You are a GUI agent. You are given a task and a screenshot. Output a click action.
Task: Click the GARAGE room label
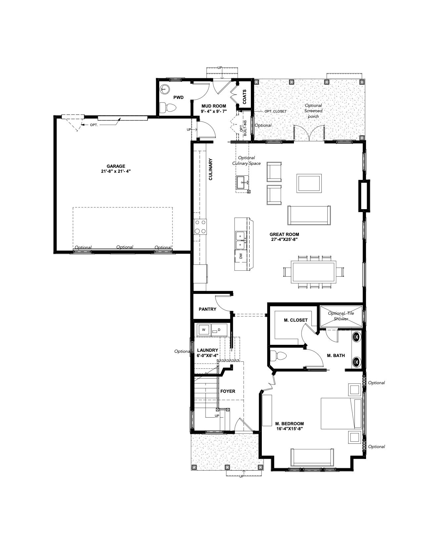pyautogui.click(x=116, y=166)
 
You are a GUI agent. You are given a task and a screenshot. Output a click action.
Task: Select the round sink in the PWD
pyautogui.click(x=164, y=89)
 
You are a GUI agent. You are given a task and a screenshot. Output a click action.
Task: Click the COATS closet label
pyautogui.click(x=245, y=97)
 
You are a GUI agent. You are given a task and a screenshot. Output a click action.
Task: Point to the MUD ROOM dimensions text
pyautogui.click(x=213, y=111)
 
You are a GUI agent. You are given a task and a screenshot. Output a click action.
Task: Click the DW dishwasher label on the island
pyautogui.click(x=241, y=256)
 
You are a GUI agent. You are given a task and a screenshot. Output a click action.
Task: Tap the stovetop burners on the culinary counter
pyautogui.click(x=200, y=227)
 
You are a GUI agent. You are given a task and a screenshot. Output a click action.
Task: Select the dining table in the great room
pyautogui.click(x=313, y=272)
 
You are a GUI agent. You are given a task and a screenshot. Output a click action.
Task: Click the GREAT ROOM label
pyautogui.click(x=284, y=234)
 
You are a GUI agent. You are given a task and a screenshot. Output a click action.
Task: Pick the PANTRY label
pyautogui.click(x=207, y=309)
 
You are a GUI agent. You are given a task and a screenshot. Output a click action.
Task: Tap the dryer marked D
pyautogui.click(x=219, y=329)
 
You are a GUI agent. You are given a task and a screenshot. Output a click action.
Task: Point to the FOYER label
pyautogui.click(x=228, y=391)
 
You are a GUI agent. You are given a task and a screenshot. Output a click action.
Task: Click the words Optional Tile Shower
pyautogui.click(x=341, y=316)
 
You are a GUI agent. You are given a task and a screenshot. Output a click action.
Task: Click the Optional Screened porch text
pyautogui.click(x=313, y=111)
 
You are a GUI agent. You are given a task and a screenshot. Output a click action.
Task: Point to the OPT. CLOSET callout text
pyautogui.click(x=275, y=111)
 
